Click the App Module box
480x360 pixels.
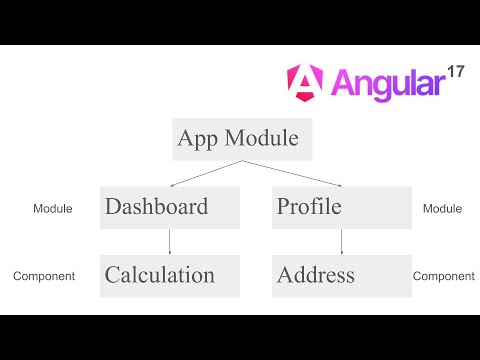coord(241,139)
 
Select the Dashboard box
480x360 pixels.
coord(170,207)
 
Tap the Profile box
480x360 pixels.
coord(341,207)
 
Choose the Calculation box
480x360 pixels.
coord(170,275)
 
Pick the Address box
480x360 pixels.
coord(341,275)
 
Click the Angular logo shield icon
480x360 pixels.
coord(304,81)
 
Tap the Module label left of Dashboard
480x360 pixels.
coord(52,209)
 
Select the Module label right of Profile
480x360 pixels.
coord(442,209)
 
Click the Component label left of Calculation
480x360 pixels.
coord(44,276)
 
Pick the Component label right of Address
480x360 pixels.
coord(443,276)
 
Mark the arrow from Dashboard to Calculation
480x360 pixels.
coord(170,241)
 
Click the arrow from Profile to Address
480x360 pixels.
coord(341,241)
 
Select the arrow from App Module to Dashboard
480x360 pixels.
coord(205,172)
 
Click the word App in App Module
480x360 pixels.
coord(196,139)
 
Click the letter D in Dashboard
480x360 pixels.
coord(113,207)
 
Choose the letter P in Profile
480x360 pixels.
coord(284,207)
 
